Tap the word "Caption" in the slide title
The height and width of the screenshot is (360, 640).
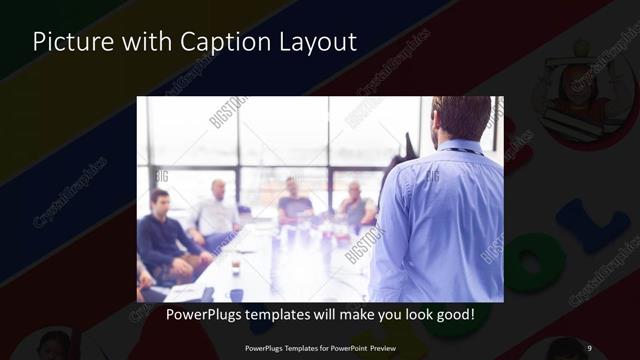pos(212,42)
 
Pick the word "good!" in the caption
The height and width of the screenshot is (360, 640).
pos(452,314)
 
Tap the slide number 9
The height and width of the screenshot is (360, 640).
pos(589,347)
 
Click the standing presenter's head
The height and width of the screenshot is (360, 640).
pos(461,118)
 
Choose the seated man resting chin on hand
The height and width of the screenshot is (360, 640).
pos(355,205)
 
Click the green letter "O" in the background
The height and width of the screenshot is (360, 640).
pos(537,263)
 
